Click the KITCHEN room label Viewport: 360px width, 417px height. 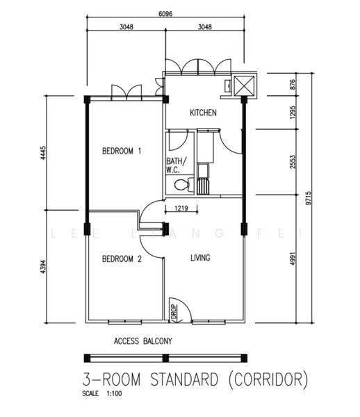(x=203, y=113)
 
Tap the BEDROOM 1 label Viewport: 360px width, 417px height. (x=122, y=151)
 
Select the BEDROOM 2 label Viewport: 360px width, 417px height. (x=122, y=259)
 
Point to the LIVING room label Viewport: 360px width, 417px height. (x=200, y=258)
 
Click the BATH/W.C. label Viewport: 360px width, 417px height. (x=177, y=165)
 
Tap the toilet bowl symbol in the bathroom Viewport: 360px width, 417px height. (x=183, y=185)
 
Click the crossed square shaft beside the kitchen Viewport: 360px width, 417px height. (x=243, y=85)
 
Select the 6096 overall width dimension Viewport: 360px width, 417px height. (x=165, y=14)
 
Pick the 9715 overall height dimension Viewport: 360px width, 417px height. (x=308, y=198)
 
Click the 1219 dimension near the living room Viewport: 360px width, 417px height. (x=181, y=208)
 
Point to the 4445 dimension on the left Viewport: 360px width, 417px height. (x=43, y=153)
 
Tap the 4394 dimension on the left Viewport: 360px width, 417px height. (x=43, y=267)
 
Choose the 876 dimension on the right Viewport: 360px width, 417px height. (x=293, y=84)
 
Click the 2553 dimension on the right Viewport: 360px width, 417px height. (x=293, y=162)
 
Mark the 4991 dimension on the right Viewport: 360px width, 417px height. (x=293, y=259)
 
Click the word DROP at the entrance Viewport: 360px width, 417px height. (x=174, y=311)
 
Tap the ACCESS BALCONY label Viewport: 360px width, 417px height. (x=143, y=341)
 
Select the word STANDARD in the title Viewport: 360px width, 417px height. (x=185, y=379)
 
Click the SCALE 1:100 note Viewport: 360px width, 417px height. (x=102, y=393)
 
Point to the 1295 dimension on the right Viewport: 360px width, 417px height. (x=293, y=113)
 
